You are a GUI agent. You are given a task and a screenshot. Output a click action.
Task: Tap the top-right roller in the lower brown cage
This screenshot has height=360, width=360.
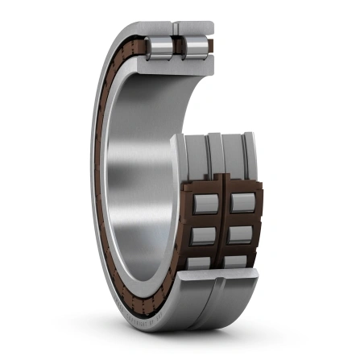242,202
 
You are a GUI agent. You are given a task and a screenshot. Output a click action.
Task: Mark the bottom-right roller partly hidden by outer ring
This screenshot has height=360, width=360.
242,262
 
